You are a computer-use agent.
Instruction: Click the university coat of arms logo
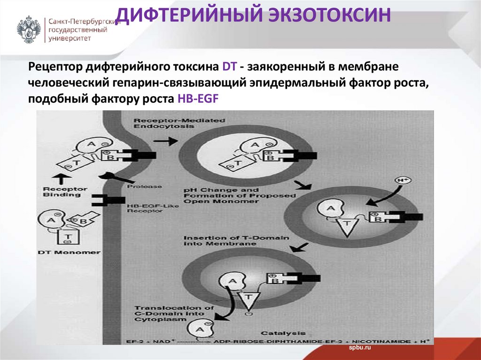click(x=29, y=30)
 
